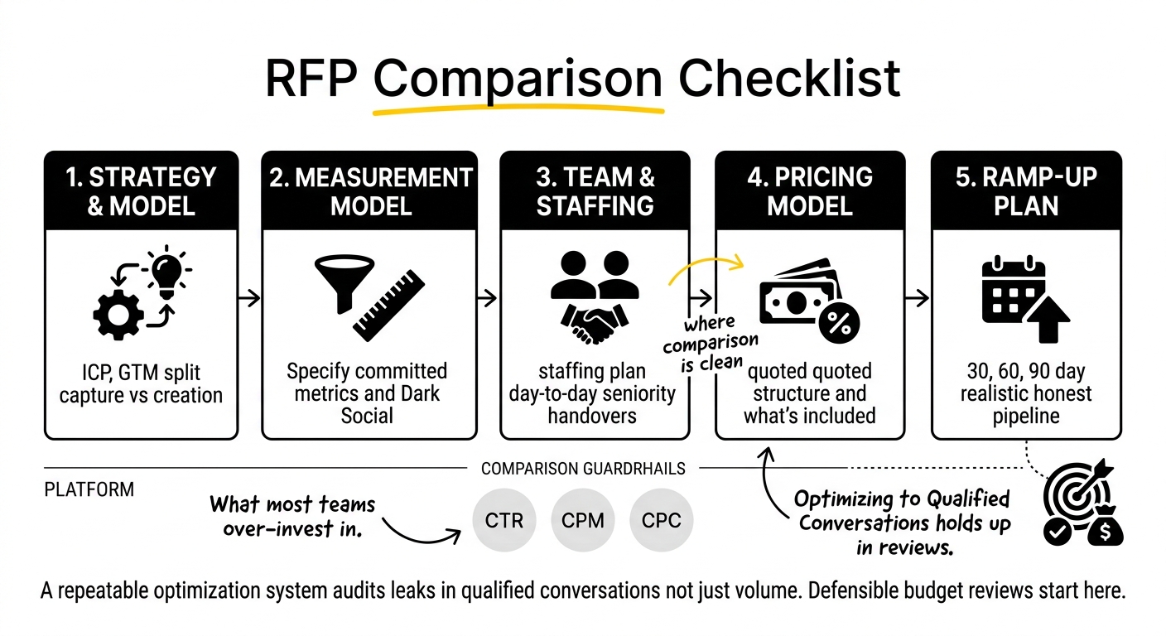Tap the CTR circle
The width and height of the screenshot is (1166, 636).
(503, 520)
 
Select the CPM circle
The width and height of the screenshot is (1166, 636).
(582, 520)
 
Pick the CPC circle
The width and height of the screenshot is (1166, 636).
(661, 520)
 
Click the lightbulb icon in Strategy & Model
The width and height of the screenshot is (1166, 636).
(166, 272)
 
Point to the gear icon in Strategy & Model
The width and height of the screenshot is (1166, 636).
(118, 315)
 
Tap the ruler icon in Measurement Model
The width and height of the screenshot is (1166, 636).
(389, 305)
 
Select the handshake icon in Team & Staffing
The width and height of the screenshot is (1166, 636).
(595, 323)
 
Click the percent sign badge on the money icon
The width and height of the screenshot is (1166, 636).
(839, 323)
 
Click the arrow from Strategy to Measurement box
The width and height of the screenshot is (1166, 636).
(248, 298)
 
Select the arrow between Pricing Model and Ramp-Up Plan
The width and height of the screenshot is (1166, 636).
(917, 298)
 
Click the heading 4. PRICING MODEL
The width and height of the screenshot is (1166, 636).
(810, 191)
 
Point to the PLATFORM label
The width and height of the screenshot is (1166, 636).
(89, 489)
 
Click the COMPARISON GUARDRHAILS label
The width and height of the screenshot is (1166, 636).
(583, 469)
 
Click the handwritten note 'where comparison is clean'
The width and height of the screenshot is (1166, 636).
(711, 343)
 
